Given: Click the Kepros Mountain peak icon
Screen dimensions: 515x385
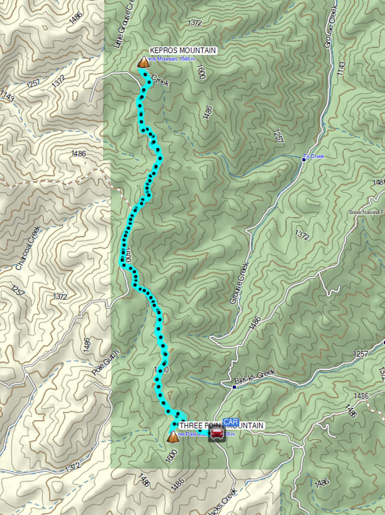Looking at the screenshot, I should point(143,62).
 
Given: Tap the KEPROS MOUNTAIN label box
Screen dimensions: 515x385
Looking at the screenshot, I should point(182,50).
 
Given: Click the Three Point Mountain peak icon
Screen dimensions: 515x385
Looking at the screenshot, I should point(173,437).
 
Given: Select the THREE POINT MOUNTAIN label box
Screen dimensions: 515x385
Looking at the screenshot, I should point(221,426).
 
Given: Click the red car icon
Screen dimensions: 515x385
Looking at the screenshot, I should point(217,434).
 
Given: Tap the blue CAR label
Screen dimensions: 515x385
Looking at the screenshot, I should point(231,422).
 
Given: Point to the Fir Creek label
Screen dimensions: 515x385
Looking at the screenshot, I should point(314,156).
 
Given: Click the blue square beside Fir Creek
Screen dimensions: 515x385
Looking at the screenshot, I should point(304,159).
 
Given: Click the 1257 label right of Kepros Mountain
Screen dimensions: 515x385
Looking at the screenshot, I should point(278,136).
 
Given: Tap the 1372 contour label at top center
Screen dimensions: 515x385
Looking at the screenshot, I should point(194,22).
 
